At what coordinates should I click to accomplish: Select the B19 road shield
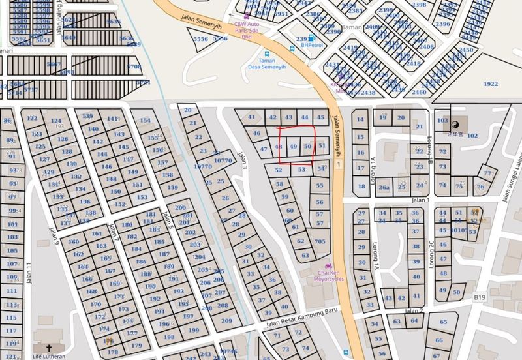point(480,297)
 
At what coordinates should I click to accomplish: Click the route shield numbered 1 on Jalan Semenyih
point(339,164)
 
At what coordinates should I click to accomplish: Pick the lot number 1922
point(491,84)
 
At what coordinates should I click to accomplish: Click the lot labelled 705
point(320,241)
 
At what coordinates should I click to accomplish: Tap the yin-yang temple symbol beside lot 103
point(456,122)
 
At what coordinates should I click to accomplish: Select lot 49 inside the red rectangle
point(294,147)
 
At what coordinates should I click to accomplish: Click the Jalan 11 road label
point(28,274)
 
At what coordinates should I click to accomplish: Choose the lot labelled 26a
point(384,187)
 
